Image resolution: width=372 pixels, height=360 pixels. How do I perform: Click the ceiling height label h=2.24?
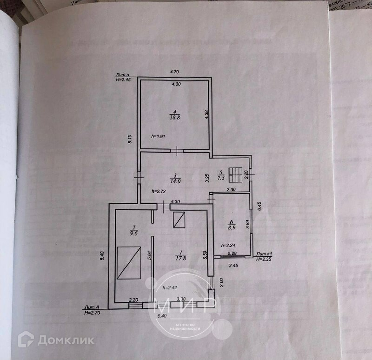228,246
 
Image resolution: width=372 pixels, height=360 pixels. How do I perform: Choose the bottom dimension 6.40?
162,316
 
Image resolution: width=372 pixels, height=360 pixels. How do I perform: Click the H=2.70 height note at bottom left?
93,312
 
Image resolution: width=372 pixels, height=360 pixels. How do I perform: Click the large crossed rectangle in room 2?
129,263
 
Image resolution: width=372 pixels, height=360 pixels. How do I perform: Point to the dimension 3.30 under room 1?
182,300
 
